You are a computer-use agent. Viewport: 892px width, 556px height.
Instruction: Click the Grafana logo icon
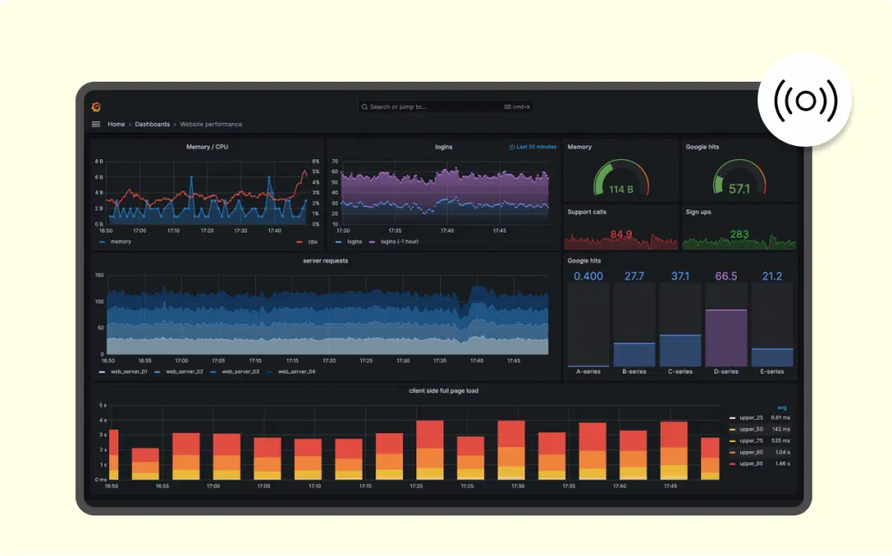(x=96, y=106)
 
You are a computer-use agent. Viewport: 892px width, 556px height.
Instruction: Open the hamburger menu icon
(x=96, y=125)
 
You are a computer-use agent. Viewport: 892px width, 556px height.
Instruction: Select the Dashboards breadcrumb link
(x=152, y=125)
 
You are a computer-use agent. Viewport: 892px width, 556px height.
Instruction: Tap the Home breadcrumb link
(x=116, y=125)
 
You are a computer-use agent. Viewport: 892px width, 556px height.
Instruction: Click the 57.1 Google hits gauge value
(x=739, y=189)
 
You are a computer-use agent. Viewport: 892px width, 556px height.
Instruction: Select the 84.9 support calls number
(x=621, y=234)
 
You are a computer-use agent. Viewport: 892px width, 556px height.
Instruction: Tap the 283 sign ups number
(x=739, y=234)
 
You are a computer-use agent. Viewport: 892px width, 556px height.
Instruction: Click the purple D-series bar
(x=726, y=338)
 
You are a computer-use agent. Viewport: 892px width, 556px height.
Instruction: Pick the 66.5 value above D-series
(x=726, y=276)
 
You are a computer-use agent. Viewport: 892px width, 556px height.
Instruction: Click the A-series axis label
(x=588, y=372)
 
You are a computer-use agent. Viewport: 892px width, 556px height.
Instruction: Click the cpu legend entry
(x=311, y=242)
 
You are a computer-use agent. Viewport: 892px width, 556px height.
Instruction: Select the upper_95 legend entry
(x=751, y=464)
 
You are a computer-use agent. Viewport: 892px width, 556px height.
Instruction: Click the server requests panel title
(x=325, y=261)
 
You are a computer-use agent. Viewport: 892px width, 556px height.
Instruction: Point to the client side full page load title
(x=444, y=391)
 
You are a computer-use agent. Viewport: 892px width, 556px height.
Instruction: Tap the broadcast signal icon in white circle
(x=805, y=101)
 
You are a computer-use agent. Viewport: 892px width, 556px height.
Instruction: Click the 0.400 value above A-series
(x=588, y=276)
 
